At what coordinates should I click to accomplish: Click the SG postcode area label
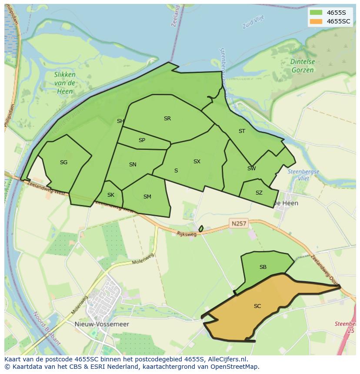point(63,162)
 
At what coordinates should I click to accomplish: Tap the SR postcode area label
point(167,119)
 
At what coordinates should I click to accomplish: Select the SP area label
point(142,140)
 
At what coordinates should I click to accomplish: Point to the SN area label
point(133,165)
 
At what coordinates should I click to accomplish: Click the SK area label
point(110,195)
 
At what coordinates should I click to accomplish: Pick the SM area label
point(147,197)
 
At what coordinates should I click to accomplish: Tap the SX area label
point(197,162)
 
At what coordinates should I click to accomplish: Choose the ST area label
point(242,131)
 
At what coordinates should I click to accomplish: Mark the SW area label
point(251,169)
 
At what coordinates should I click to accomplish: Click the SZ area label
point(259,193)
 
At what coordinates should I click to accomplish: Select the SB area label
point(263,267)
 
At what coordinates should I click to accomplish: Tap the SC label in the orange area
point(257,306)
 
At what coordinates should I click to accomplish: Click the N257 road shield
point(239,224)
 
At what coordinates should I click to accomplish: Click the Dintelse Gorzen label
point(302,66)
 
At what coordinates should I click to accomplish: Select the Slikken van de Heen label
point(65,83)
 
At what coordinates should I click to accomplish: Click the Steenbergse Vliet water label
point(303,175)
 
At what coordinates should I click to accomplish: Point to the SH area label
point(120,121)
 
